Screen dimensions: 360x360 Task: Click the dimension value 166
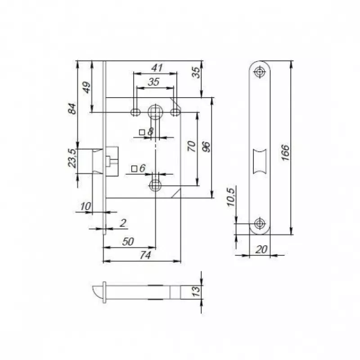285,153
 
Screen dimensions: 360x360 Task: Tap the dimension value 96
206,147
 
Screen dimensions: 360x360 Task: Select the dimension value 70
192,146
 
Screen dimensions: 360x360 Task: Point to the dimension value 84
72,109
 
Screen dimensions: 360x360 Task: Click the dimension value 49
86,87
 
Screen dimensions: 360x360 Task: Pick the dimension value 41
157,68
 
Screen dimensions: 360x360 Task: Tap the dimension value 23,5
72,158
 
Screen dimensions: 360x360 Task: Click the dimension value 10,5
231,197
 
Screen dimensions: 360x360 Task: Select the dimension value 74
145,255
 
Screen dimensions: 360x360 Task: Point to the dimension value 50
128,242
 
